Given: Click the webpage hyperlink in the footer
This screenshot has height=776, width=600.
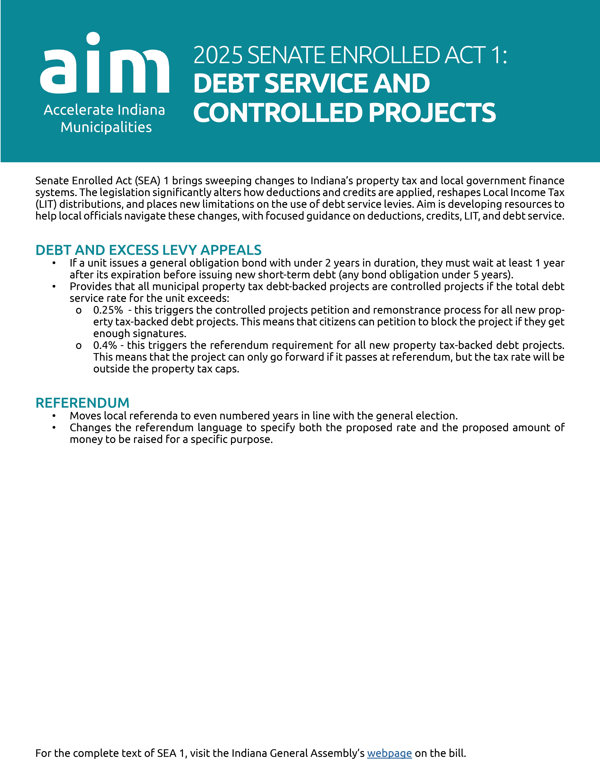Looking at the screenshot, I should (x=389, y=753).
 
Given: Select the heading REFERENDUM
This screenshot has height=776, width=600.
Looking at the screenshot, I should (x=82, y=403).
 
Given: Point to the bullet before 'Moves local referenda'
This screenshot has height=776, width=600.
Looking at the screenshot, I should (x=54, y=416).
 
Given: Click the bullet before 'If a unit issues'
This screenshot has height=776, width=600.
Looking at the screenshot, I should (x=54, y=263).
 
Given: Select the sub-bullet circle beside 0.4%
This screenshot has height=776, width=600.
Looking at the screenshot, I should (x=79, y=346).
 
